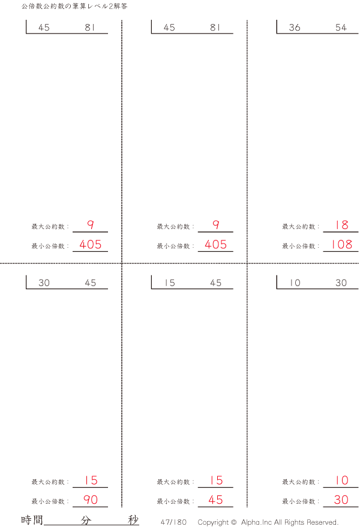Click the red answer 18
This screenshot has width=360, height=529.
pyautogui.click(x=341, y=225)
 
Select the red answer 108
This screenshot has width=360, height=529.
pyautogui.click(x=341, y=244)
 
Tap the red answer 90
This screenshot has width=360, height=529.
pyautogui.click(x=91, y=500)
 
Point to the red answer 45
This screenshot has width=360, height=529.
pyautogui.click(x=215, y=500)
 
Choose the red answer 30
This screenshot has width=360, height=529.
pyautogui.click(x=341, y=500)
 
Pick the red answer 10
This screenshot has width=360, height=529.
pyautogui.click(x=341, y=480)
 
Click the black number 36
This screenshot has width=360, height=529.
pyautogui.click(x=295, y=28)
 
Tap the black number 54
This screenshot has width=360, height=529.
pyautogui.click(x=341, y=28)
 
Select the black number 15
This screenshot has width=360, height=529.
pyautogui.click(x=170, y=283)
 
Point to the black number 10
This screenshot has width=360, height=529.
pyautogui.click(x=295, y=283)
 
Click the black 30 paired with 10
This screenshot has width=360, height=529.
pyautogui.click(x=341, y=283)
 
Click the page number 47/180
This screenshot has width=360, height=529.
pyautogui.click(x=173, y=522)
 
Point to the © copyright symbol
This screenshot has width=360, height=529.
pyautogui.click(x=233, y=522)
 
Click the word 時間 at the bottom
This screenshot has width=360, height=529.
pyautogui.click(x=32, y=520)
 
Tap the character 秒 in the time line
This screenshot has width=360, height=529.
pyautogui.click(x=133, y=520)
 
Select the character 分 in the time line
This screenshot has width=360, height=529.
pyautogui.click(x=86, y=520)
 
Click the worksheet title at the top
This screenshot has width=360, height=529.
pyautogui.click(x=74, y=7)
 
